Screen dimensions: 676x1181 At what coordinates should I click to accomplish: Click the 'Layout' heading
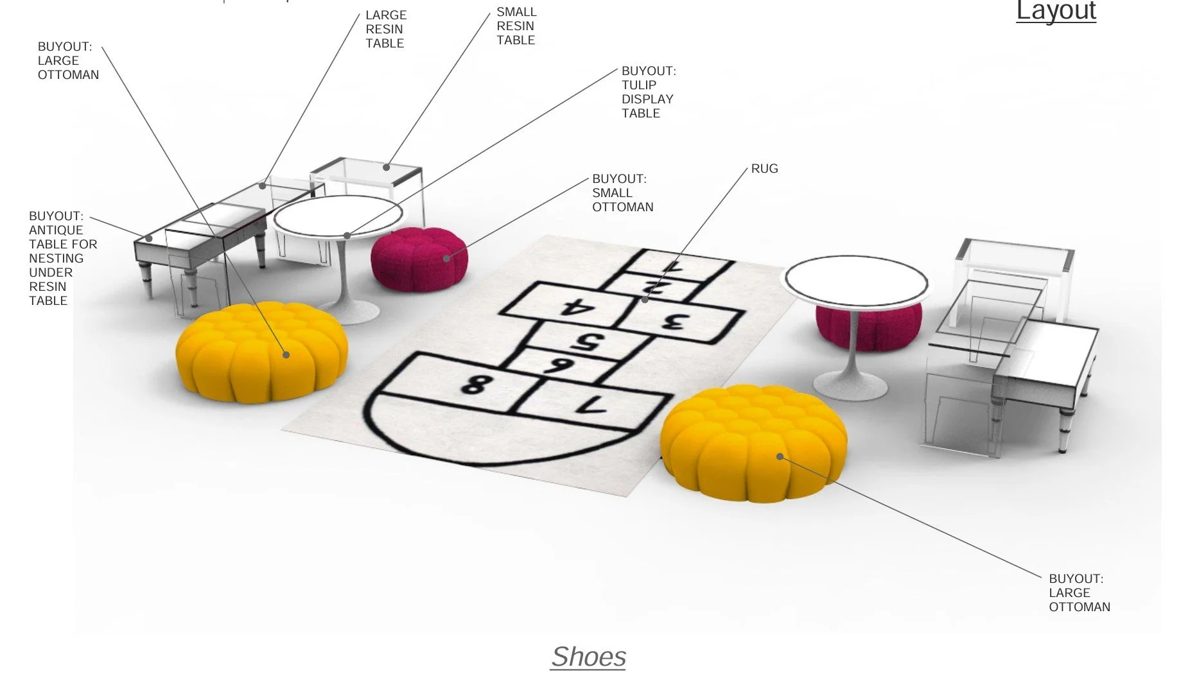[x=1056, y=11]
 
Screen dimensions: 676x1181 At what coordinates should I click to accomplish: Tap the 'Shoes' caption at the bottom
[x=588, y=657]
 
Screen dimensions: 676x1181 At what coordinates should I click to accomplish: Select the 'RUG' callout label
[x=764, y=169]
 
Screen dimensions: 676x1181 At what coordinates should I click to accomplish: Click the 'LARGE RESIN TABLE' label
[x=385, y=29]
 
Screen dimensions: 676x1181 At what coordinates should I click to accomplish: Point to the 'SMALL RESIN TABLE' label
[x=516, y=26]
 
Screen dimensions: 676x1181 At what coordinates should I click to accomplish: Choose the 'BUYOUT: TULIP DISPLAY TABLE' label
[x=648, y=92]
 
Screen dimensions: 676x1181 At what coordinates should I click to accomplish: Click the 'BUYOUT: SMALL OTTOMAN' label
[x=622, y=193]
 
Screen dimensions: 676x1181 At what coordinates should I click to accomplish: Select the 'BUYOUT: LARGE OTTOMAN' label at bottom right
[x=1079, y=593]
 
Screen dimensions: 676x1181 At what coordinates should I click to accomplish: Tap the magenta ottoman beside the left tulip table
[x=419, y=259]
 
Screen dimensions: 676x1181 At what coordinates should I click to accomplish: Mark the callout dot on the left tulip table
[x=347, y=236]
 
